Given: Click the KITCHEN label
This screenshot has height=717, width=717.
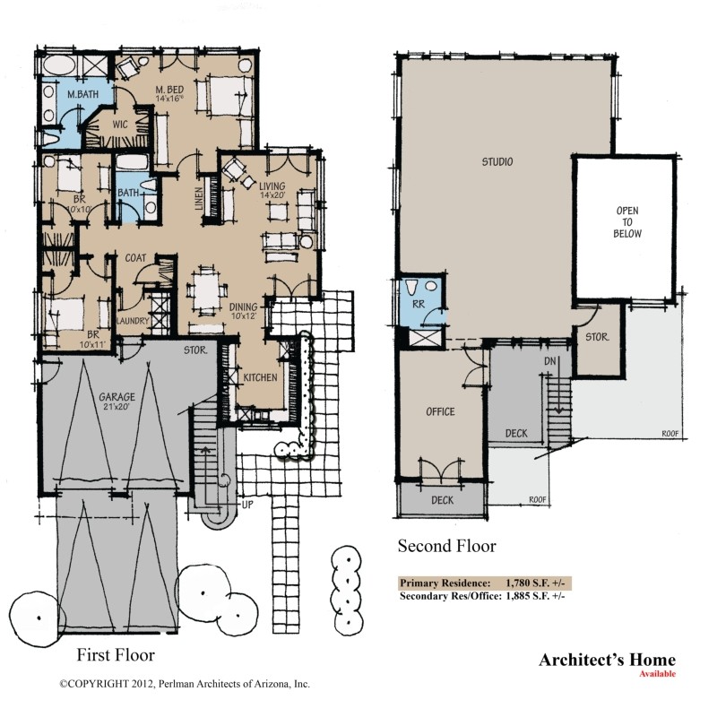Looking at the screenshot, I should (261, 378).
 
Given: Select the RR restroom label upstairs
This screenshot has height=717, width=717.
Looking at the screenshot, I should (417, 304).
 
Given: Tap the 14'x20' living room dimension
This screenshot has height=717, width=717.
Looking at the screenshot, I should (271, 194).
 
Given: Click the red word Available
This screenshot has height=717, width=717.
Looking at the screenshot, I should (658, 674).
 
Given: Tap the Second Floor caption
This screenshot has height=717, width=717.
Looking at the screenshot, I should (446, 545).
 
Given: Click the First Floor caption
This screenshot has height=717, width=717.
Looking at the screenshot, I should (116, 654).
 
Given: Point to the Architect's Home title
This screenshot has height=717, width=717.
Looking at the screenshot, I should (607, 661).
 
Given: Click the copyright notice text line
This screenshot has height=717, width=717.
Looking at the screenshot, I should (185, 683).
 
